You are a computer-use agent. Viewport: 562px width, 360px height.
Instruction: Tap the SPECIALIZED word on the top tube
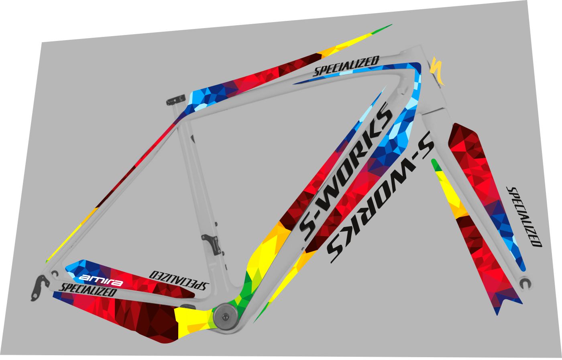point(346,66)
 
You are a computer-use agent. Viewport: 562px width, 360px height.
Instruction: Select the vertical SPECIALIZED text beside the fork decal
point(524,217)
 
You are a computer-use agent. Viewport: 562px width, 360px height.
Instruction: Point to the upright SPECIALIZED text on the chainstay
point(88,289)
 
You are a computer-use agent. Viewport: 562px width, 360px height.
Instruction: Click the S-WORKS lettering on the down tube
point(346,172)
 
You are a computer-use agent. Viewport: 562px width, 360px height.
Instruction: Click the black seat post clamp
point(176,100)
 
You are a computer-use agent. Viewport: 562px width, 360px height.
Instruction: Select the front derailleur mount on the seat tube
point(212,244)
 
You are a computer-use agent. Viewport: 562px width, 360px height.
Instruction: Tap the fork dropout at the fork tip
point(525,283)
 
